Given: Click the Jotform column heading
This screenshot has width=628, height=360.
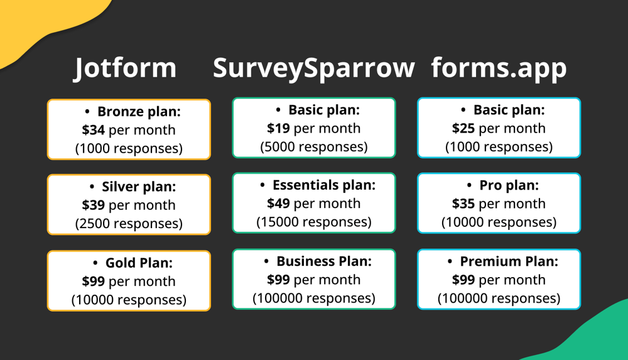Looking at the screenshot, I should (126, 68).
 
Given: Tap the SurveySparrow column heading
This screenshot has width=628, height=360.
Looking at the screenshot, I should (313, 68).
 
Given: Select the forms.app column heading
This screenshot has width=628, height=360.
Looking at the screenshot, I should (499, 68).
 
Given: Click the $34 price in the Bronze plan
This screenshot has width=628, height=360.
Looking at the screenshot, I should (94, 130).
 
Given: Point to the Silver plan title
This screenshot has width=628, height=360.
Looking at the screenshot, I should (139, 187).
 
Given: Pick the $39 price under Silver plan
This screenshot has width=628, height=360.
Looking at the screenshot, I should (94, 205).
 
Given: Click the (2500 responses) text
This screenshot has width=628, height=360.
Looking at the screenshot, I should (129, 223).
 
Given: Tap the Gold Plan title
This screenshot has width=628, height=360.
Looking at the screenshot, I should (139, 263).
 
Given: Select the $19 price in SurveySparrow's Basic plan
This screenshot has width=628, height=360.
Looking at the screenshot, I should (279, 128).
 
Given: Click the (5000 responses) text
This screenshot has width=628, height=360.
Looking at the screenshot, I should (314, 146).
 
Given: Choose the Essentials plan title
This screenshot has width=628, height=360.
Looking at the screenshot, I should (323, 185).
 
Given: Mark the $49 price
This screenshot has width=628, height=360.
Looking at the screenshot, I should (279, 204).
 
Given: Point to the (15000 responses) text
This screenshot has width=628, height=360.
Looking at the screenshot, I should (314, 222).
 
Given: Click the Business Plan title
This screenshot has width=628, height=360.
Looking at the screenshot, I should (324, 261).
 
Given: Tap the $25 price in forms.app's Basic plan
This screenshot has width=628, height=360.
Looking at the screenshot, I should (464, 128).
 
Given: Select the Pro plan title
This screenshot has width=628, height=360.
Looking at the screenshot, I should (509, 185).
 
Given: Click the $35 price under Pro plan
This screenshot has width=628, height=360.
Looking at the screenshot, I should (464, 204).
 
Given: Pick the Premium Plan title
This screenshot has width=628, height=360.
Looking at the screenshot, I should (509, 261).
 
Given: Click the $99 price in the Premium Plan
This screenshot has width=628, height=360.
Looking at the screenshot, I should (464, 280).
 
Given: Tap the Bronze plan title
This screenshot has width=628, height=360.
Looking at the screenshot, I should (139, 112).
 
